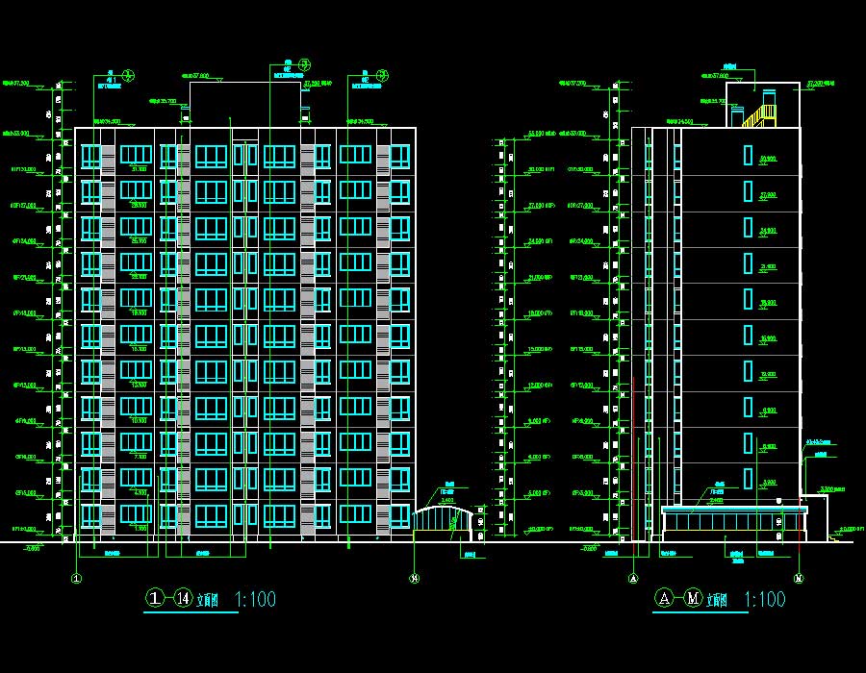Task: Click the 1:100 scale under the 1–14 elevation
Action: tap(255, 600)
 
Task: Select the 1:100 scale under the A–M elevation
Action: tap(765, 600)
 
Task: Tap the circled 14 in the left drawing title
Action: tap(184, 599)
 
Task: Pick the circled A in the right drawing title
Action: tap(663, 599)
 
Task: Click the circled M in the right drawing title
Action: tap(693, 599)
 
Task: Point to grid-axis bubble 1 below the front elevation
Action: tap(76, 578)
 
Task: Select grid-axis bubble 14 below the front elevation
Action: tap(414, 578)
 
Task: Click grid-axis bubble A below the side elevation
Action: tap(633, 578)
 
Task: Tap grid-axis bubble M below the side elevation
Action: tap(799, 578)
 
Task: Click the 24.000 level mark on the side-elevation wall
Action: tap(768, 231)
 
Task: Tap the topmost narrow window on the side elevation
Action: tap(748, 155)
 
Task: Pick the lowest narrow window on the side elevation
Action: tap(748, 478)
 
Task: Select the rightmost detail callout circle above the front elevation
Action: tap(382, 75)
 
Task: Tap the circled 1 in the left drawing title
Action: tap(156, 599)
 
